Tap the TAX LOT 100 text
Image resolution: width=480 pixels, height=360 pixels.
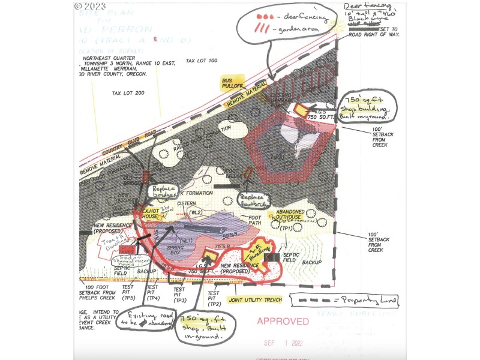pos(202,61)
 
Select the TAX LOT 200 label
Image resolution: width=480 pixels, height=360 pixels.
pos(128,94)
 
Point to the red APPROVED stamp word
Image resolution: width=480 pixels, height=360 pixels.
pos(283,322)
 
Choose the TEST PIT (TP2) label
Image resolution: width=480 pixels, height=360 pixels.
pos(212,295)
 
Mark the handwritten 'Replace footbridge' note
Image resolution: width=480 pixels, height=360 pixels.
pos(253,200)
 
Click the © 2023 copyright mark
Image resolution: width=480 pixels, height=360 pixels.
pos(90,6)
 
